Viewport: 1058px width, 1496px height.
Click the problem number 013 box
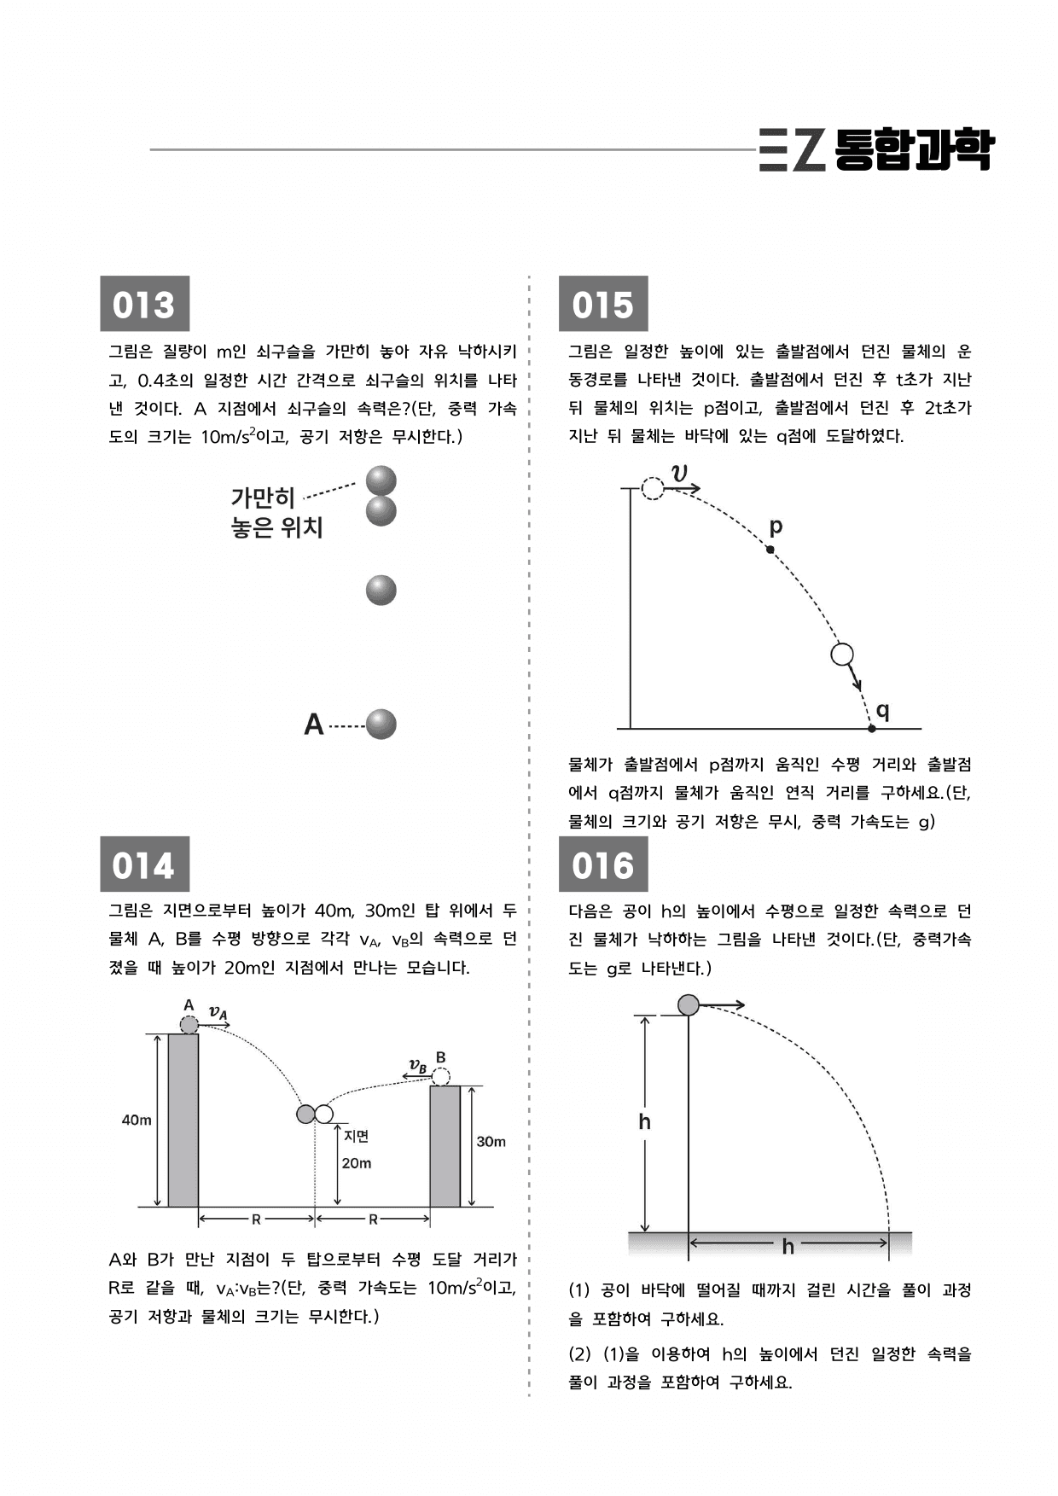tap(144, 303)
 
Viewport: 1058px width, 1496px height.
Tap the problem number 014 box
tap(144, 864)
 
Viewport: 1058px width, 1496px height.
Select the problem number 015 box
tap(603, 303)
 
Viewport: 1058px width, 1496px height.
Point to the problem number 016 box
tap(603, 864)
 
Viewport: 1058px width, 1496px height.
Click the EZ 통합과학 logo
tap(876, 150)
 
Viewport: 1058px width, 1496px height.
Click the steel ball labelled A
tap(381, 725)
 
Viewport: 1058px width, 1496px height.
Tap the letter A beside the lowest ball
tap(314, 725)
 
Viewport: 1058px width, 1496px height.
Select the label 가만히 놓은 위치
tap(276, 512)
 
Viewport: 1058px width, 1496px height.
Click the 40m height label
tap(137, 1120)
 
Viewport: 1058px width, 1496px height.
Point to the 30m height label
tap(491, 1142)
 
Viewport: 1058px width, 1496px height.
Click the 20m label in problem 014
tap(357, 1163)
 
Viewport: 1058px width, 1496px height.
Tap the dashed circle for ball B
tap(440, 1076)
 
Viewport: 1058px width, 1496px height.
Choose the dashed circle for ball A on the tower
tap(189, 1025)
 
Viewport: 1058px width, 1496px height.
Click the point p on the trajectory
tap(770, 550)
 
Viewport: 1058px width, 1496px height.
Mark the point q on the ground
tap(872, 729)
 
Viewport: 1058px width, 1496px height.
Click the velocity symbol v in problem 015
tap(680, 473)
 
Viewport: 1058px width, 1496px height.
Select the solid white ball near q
tap(842, 655)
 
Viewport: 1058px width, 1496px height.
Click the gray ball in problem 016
tap(689, 1005)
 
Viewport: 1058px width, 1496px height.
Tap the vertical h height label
tap(645, 1121)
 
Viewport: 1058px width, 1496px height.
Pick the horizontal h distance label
tap(788, 1247)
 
